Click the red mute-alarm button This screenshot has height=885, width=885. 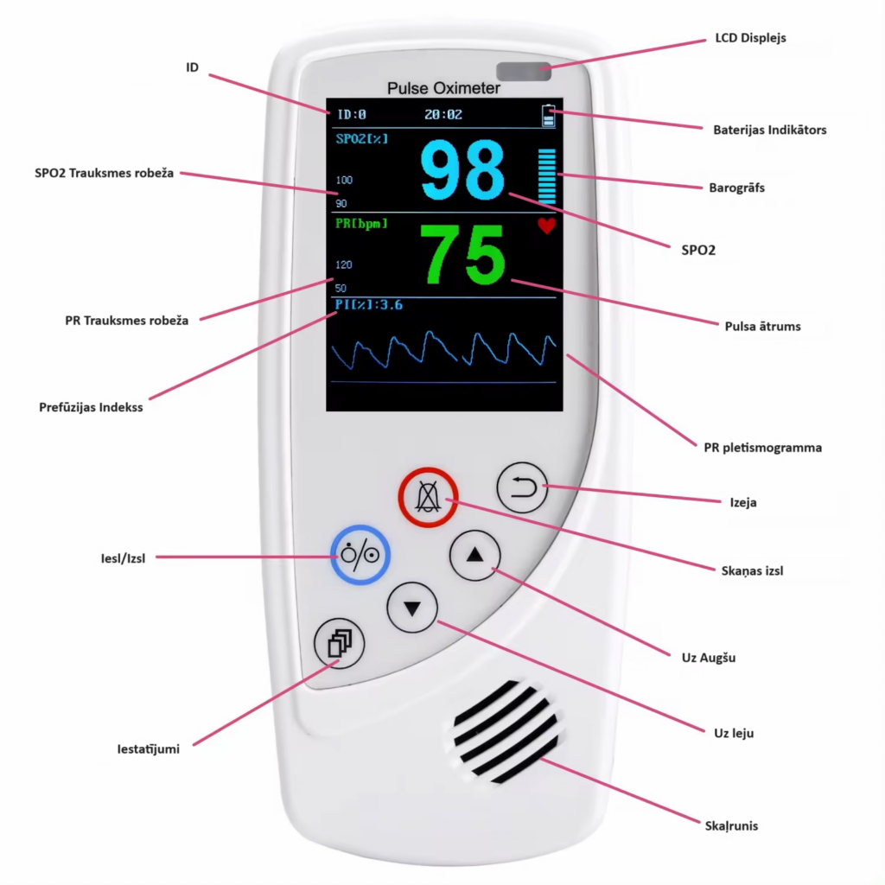point(428,497)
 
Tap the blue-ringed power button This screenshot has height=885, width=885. point(360,555)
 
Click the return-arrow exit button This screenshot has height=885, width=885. point(522,487)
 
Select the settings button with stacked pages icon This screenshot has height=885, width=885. point(339,643)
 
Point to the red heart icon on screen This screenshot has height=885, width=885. point(546,226)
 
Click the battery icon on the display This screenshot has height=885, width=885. point(548,115)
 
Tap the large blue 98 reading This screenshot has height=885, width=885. point(462,170)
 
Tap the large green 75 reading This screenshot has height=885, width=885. point(462,255)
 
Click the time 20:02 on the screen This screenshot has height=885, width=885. point(443,115)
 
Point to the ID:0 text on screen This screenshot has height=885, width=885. point(351,115)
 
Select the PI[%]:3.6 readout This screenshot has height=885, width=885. point(368,305)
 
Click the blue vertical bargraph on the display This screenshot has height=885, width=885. point(547,176)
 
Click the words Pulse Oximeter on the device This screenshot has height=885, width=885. point(443,88)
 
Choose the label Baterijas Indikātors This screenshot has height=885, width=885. point(770,130)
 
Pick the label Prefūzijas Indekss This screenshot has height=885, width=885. point(91,407)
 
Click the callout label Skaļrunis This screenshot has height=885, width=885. point(731,825)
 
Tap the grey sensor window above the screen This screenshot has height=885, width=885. point(524,71)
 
